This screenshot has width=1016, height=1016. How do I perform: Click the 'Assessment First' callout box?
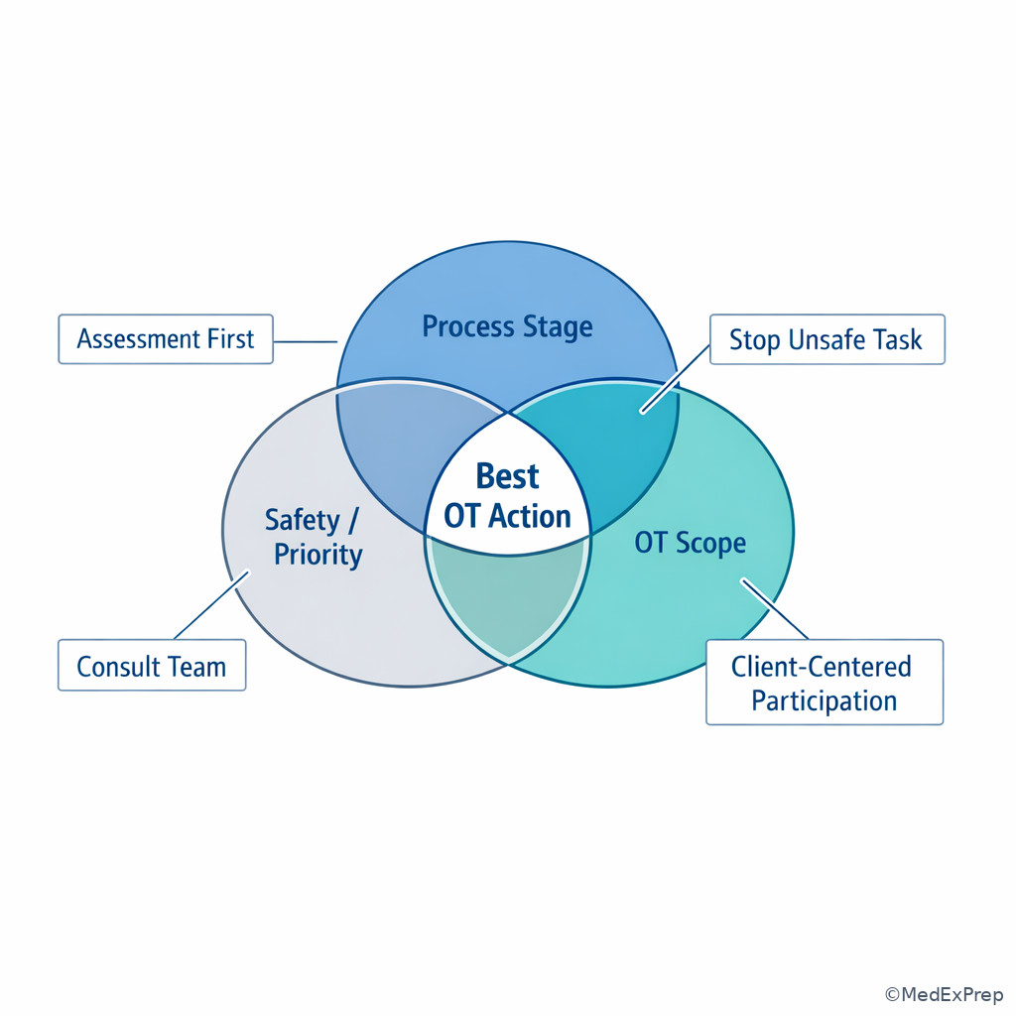click(166, 339)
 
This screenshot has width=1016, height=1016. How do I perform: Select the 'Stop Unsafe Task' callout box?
click(827, 339)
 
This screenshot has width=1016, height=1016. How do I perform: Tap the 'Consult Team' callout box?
click(152, 666)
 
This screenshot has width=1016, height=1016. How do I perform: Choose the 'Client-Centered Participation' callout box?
click(825, 683)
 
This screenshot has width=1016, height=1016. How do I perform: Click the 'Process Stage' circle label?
click(507, 326)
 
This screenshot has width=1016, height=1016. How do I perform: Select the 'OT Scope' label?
click(691, 543)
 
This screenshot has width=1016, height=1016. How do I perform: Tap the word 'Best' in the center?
click(507, 476)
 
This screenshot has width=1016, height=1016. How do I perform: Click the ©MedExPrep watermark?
click(945, 994)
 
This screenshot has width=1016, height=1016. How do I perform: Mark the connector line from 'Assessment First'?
click(306, 341)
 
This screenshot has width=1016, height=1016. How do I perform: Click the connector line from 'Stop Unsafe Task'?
click(675, 378)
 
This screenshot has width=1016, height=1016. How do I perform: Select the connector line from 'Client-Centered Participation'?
click(775, 609)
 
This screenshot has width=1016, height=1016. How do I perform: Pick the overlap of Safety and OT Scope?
click(509, 596)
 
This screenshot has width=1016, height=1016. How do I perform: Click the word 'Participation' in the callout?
click(825, 701)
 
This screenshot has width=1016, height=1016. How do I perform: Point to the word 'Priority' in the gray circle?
click(318, 555)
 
